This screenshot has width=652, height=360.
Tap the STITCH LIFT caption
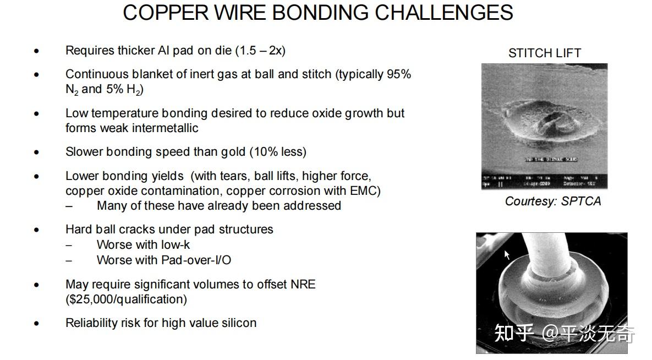544,53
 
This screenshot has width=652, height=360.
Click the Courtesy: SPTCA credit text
552,201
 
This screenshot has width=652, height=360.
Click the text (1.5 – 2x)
260,51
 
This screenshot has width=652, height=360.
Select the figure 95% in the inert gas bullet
399,74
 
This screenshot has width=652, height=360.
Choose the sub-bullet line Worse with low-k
143,245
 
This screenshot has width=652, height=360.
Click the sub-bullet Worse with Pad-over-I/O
163,260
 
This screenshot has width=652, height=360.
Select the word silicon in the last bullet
239,323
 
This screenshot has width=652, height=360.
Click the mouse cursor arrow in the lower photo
507,254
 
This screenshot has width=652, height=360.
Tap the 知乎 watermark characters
514,333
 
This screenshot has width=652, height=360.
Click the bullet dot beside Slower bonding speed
37,152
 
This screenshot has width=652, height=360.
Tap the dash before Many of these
69,206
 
